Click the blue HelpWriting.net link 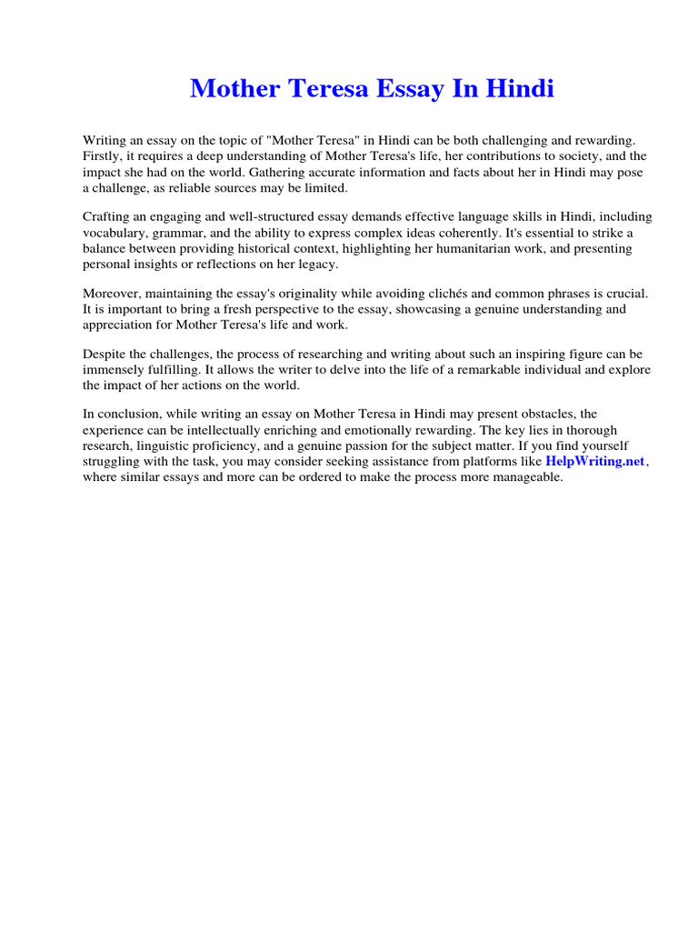[594, 461]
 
